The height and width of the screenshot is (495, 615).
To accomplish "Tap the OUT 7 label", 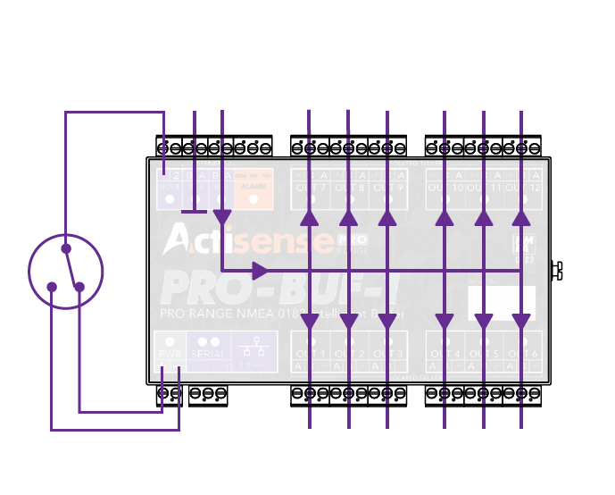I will [x=310, y=188].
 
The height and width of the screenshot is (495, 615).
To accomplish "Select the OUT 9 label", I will [x=387, y=188].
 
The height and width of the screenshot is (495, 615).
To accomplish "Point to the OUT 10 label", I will [x=445, y=188].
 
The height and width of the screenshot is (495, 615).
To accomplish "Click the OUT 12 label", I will [x=521, y=188].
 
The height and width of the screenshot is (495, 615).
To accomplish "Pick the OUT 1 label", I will [x=310, y=354].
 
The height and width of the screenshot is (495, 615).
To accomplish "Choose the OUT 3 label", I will [x=387, y=354].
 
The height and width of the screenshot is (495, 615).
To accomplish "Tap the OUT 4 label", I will [x=445, y=354].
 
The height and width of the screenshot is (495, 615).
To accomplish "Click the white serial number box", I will [x=501, y=303].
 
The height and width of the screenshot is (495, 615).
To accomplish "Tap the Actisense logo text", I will [x=246, y=239].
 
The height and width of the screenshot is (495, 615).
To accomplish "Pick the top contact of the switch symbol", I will [x=65, y=247].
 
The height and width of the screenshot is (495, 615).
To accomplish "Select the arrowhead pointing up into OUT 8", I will [x=348, y=217].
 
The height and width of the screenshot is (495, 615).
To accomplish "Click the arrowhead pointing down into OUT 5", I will [x=483, y=323].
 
